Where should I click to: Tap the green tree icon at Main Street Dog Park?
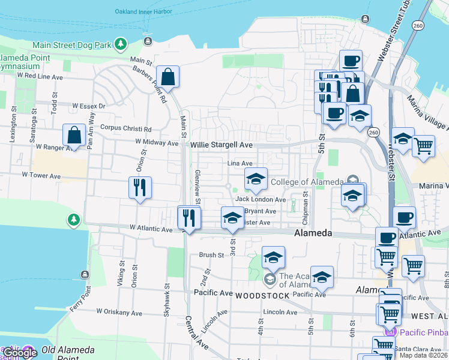click(x=121, y=44)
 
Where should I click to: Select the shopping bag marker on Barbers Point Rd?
click(x=167, y=77)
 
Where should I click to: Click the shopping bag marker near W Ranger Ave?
click(x=74, y=136)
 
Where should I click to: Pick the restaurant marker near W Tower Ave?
click(x=140, y=187)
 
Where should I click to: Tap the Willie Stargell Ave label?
click(x=222, y=145)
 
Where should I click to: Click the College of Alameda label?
click(x=308, y=182)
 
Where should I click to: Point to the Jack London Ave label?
click(x=261, y=199)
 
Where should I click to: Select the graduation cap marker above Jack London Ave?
click(x=255, y=179)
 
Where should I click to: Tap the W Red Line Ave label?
click(x=40, y=77)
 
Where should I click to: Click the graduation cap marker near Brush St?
click(x=273, y=257)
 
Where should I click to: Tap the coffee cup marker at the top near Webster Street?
click(x=351, y=61)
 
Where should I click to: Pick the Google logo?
click(x=20, y=353)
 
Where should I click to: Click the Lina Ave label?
click(x=240, y=163)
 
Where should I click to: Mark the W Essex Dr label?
click(x=88, y=106)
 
